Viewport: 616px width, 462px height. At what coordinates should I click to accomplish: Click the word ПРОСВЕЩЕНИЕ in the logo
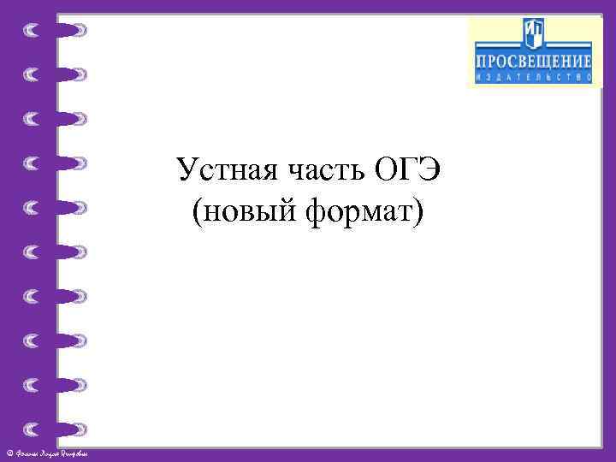click(x=534, y=62)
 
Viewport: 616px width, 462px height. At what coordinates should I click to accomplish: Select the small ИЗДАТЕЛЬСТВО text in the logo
click(x=534, y=77)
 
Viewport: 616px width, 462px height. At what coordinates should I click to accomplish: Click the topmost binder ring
click(x=56, y=31)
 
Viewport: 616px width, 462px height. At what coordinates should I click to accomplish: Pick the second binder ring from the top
click(x=56, y=74)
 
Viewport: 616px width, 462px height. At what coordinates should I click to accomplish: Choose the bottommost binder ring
click(x=56, y=428)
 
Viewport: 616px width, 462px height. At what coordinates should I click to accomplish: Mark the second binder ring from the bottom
click(x=56, y=383)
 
